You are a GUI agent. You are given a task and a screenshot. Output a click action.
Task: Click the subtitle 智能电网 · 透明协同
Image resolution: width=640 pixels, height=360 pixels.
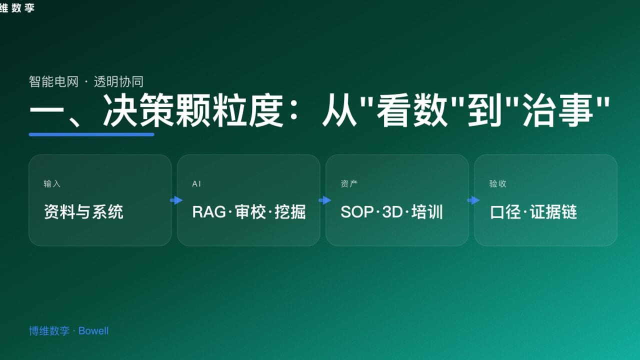(x=86, y=81)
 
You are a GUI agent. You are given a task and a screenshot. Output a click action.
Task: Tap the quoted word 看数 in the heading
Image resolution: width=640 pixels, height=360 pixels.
(x=412, y=111)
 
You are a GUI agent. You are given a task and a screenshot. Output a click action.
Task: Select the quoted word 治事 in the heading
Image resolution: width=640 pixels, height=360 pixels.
(x=557, y=111)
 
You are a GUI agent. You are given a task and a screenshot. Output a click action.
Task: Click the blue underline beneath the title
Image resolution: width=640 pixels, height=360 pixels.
(x=91, y=134)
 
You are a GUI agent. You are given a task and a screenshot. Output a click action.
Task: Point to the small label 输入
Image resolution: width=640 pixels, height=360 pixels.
(x=52, y=184)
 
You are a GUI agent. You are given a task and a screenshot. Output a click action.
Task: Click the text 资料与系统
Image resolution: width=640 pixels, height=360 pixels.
(x=83, y=212)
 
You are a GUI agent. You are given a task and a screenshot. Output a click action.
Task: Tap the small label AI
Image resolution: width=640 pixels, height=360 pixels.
(x=196, y=184)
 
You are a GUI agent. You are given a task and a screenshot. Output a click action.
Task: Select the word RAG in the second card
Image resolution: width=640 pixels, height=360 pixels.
(x=209, y=212)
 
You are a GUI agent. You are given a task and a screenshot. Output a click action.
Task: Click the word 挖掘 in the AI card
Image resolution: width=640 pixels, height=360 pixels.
(x=290, y=212)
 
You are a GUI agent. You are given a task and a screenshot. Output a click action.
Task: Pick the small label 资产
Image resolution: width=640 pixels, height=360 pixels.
(x=349, y=184)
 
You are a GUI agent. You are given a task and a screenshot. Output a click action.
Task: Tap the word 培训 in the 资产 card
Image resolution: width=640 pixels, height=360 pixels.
(x=428, y=212)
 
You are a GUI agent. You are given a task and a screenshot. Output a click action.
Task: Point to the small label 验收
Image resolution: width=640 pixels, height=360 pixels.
(x=497, y=184)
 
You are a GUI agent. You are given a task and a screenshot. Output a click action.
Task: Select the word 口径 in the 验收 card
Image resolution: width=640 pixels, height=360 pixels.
(x=505, y=212)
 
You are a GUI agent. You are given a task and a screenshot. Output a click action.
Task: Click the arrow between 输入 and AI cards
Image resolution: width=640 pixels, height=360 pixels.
(x=176, y=200)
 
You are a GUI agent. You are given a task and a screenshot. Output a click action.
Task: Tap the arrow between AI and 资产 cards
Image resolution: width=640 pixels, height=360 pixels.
(x=324, y=200)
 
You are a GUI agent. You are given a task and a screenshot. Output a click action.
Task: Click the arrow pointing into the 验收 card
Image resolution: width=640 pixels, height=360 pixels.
(x=473, y=200)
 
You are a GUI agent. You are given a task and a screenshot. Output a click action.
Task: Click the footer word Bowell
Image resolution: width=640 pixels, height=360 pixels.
(x=93, y=331)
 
